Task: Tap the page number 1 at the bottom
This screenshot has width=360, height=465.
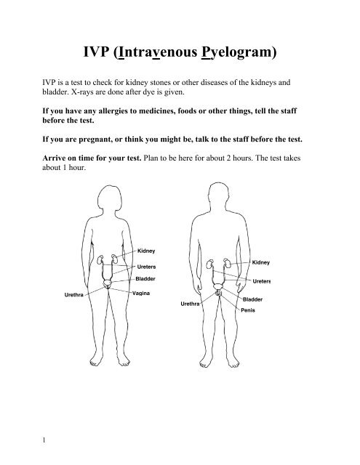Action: pos(25,440)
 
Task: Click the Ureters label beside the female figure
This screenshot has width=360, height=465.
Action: pos(149,266)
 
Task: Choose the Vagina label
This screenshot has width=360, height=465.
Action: pos(144,294)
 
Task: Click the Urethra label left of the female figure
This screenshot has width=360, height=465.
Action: pos(73,295)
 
